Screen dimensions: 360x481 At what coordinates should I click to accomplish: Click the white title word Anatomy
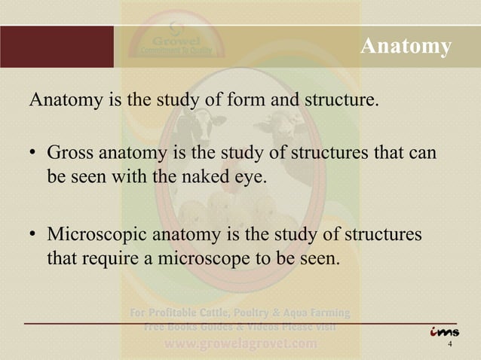(406, 47)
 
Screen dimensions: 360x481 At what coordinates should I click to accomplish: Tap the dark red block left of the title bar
(57, 47)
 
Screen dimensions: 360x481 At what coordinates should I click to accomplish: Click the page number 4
(450, 345)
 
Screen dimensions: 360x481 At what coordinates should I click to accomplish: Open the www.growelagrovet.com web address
(241, 344)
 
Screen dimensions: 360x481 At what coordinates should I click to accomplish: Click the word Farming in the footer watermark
(324, 312)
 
